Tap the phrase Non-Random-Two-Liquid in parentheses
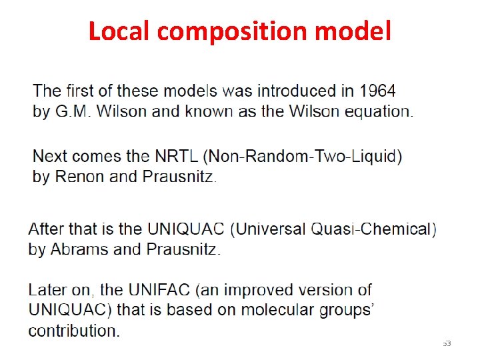pos(303,157)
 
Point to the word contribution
pos(73,331)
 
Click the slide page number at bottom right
pos(447,343)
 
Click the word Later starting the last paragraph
pos(46,291)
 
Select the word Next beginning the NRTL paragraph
pos(50,157)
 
